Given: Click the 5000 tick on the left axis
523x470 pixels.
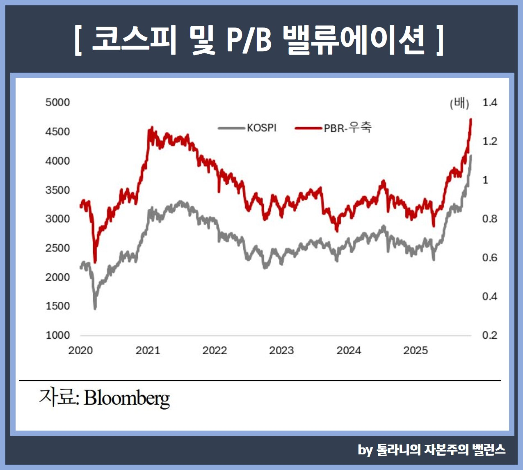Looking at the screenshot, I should click(57, 102).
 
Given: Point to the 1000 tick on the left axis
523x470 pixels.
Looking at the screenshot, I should click(57, 335).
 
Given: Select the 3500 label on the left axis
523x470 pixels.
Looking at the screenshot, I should click(57, 190).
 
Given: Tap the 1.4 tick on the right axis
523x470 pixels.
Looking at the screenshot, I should click(489, 102).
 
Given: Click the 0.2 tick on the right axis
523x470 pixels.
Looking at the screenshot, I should click(489, 335).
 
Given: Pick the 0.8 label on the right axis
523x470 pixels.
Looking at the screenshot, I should click(489, 219).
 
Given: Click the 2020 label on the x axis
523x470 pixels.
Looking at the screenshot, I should click(80, 351).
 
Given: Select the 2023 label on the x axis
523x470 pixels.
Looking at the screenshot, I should click(281, 351).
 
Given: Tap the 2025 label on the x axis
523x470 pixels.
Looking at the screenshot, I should click(416, 351).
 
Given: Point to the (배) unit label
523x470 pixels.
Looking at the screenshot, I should click(459, 103).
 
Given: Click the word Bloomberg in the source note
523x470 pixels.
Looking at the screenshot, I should click(127, 398).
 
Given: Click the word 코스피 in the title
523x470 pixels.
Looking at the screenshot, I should click(133, 40).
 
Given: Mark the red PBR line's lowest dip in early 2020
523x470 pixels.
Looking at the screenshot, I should click(95, 262).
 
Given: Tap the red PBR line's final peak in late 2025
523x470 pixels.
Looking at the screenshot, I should click(470, 119).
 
